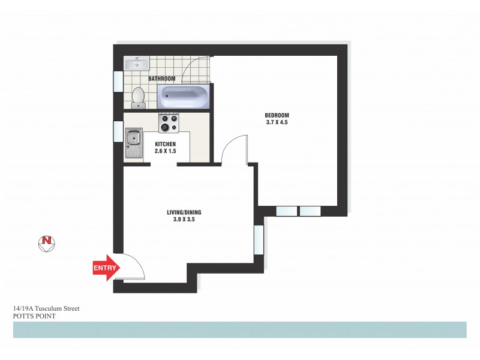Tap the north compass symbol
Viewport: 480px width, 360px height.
pos(46,242)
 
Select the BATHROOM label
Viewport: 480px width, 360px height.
pos(161,79)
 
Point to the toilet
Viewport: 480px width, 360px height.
pos(139,97)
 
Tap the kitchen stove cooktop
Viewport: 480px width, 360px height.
pos(169,123)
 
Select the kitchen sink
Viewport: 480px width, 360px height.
pos(133,144)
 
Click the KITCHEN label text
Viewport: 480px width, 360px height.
pos(166,145)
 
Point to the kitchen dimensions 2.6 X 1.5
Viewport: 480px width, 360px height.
pos(166,152)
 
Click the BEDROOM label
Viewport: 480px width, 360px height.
pos(277,115)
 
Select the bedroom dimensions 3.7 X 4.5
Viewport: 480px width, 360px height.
pos(277,122)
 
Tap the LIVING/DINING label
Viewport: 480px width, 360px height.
pos(181,212)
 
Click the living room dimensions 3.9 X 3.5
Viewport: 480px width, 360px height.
pos(181,220)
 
